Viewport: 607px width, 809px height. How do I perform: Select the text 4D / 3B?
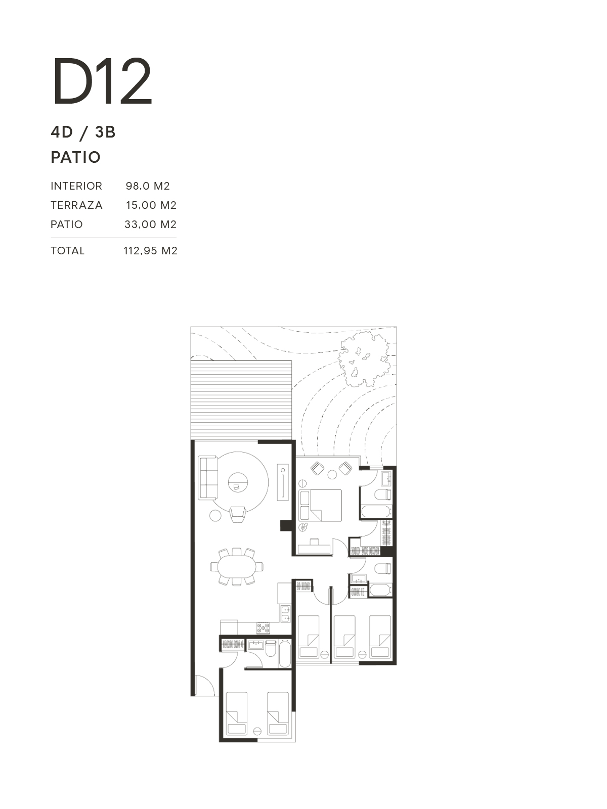tap(83, 132)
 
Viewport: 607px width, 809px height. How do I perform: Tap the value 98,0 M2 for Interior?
tap(148, 186)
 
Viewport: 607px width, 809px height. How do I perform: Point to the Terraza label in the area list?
tap(77, 205)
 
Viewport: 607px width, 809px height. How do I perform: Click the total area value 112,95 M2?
tap(150, 251)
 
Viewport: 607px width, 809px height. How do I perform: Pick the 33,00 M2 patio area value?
tap(150, 224)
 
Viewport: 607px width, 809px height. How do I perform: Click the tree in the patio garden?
tap(363, 358)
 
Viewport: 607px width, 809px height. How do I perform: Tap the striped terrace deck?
tap(241, 400)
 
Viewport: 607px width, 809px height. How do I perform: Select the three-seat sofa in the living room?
tap(208, 478)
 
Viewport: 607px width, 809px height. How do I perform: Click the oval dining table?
tap(237, 566)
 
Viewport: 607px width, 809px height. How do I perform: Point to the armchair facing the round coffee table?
tap(237, 514)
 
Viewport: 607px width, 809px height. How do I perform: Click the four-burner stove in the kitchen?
tap(263, 627)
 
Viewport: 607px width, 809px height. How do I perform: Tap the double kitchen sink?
tap(285, 614)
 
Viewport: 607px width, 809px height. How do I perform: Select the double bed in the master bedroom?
tap(321, 505)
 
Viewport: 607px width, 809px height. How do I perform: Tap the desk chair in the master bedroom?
tap(314, 541)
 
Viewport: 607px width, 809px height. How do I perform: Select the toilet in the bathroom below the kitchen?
tap(271, 649)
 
